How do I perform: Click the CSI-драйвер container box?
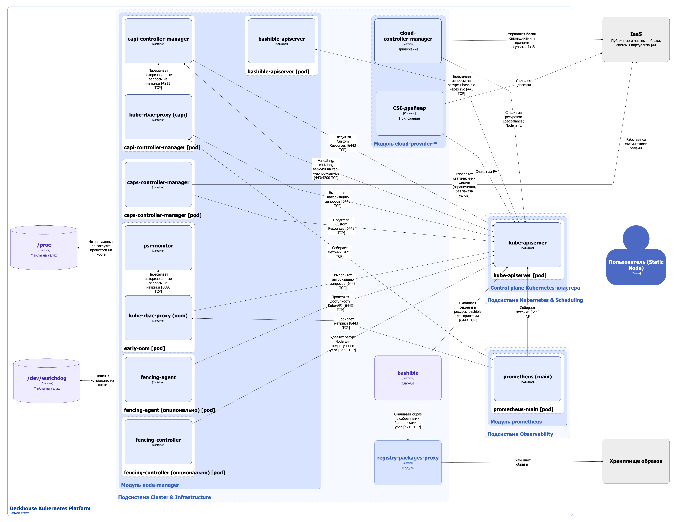[x=409, y=113]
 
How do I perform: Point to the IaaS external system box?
[x=636, y=39]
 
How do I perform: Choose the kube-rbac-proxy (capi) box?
[x=158, y=117]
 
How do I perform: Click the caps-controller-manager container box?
[x=158, y=184]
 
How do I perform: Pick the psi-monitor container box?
[x=158, y=248]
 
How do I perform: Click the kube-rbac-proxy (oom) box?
[x=158, y=318]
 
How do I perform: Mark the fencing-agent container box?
[x=158, y=379]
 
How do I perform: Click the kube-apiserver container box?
[x=527, y=244]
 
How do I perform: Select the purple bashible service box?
[x=408, y=378]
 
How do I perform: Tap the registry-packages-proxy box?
[x=408, y=462]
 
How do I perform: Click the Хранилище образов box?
[x=636, y=461]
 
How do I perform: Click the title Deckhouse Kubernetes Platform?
[x=50, y=508]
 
